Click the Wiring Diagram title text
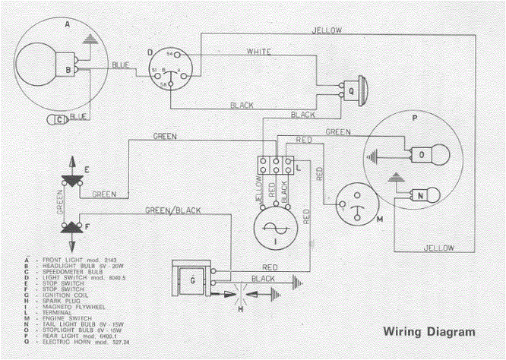[429, 332]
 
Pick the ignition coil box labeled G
[193, 281]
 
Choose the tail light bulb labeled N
[425, 195]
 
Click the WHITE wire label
[260, 52]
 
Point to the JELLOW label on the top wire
[327, 30]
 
